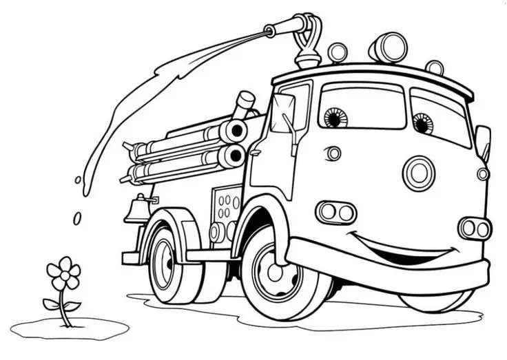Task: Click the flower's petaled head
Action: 64,273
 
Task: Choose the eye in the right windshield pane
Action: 422,124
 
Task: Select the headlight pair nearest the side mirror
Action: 475,228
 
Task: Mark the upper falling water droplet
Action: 78,180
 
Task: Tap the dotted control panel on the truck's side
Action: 226,207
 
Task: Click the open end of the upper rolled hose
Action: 237,129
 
